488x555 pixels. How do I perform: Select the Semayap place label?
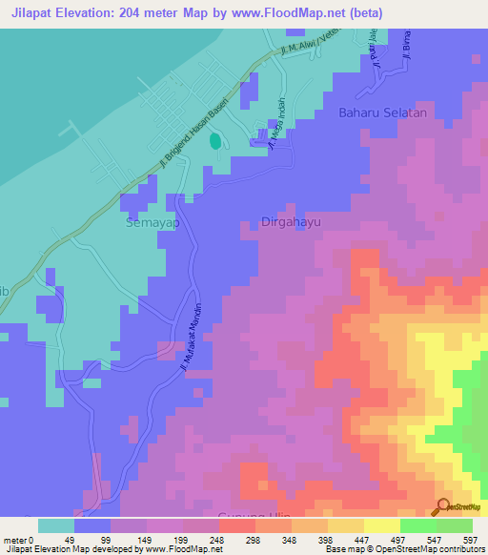tap(152, 222)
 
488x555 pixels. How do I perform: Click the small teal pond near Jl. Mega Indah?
tap(214, 141)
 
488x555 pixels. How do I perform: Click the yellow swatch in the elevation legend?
tap(381, 525)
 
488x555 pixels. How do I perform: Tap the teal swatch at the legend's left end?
tap(55, 525)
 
